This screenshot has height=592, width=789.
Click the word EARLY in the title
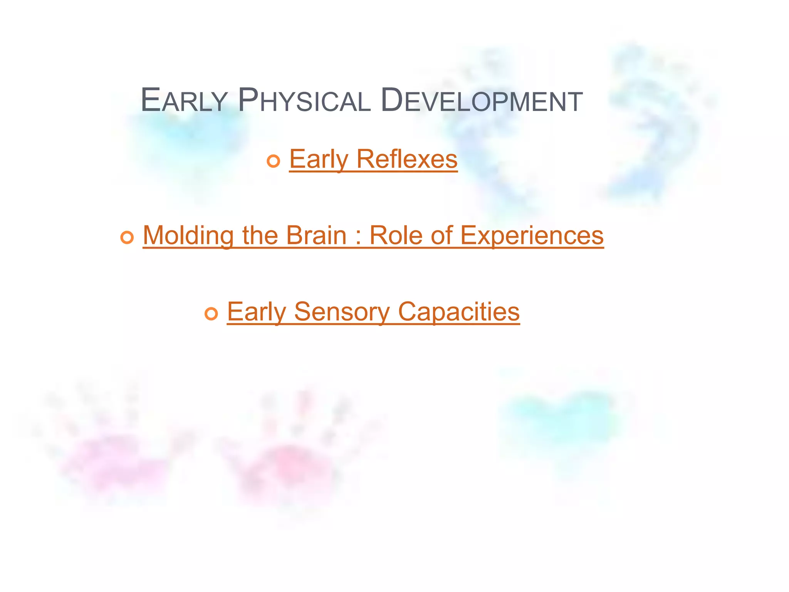pyautogui.click(x=184, y=101)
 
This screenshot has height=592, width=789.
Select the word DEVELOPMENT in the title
pyautogui.click(x=482, y=101)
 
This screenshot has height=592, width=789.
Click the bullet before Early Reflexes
pyautogui.click(x=273, y=161)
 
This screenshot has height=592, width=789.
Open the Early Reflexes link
pyautogui.click(x=373, y=159)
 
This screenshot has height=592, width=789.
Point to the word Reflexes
pyautogui.click(x=407, y=159)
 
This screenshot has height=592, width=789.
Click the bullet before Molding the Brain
pyautogui.click(x=127, y=237)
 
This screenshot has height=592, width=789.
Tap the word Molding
pyautogui.click(x=188, y=235)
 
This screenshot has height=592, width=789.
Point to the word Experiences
pyautogui.click(x=532, y=235)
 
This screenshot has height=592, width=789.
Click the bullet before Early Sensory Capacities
pyautogui.click(x=211, y=313)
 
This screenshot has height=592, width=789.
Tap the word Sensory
pyautogui.click(x=342, y=312)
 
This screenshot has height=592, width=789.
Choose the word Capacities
pyautogui.click(x=459, y=312)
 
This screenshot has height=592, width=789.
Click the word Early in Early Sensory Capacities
pyautogui.click(x=257, y=312)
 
